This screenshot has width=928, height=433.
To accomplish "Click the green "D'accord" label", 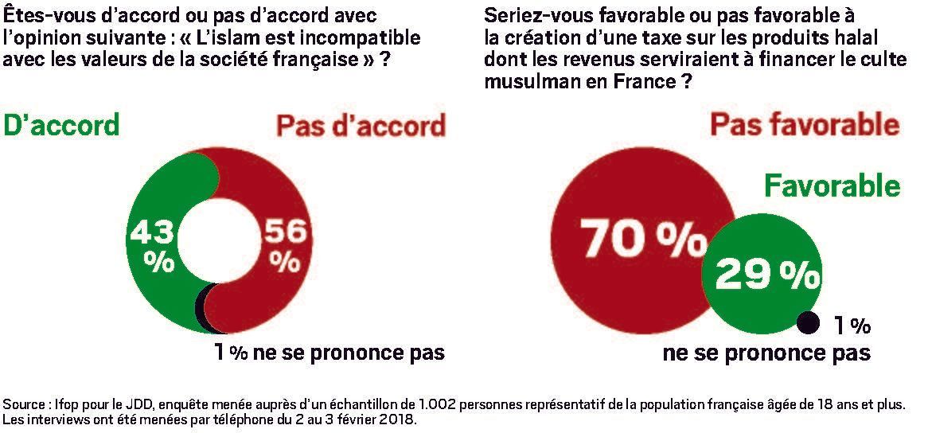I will [x=62, y=125].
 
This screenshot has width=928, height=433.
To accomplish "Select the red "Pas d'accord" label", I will [x=360, y=127].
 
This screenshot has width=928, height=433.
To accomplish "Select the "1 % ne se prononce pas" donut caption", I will [x=328, y=352].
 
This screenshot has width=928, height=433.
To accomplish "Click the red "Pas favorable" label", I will [x=804, y=125].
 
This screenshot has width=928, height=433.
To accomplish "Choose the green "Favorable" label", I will [x=832, y=185].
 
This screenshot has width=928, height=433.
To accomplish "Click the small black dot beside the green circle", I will [x=808, y=322].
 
